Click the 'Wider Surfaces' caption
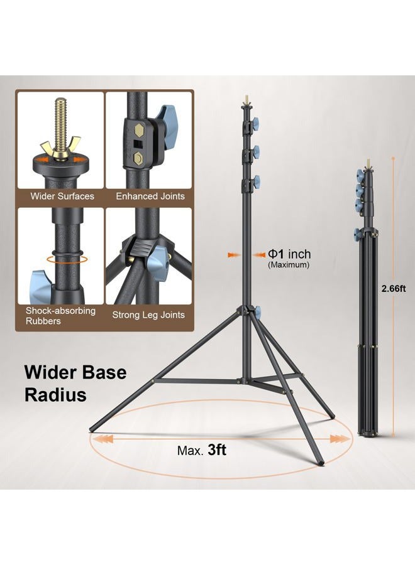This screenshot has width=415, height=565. tap(62, 196)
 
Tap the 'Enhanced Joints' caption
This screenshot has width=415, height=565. tap(150, 196)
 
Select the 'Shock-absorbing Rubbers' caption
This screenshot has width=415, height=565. tap(60, 316)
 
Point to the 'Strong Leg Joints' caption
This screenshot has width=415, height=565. tap(148, 315)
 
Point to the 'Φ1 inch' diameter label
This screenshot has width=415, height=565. tap(289, 254)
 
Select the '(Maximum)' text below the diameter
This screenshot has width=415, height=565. tap(289, 266)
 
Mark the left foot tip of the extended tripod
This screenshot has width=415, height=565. tap(92, 433)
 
